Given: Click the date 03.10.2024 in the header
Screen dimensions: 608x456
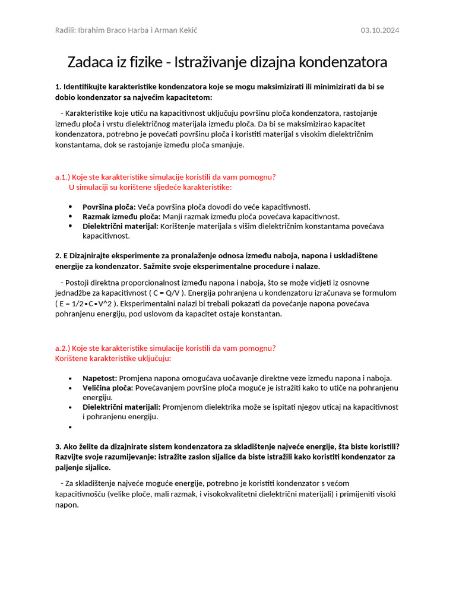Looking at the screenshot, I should point(380,30).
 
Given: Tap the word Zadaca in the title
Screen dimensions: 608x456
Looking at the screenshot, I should point(88,62).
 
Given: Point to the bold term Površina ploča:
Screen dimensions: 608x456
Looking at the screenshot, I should point(109,207).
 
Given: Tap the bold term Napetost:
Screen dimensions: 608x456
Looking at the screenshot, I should point(100,378).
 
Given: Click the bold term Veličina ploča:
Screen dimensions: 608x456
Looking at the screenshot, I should point(108,388).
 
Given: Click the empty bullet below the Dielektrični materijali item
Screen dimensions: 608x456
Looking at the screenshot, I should point(70,427).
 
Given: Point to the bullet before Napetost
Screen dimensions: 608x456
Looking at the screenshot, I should point(70,378).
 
